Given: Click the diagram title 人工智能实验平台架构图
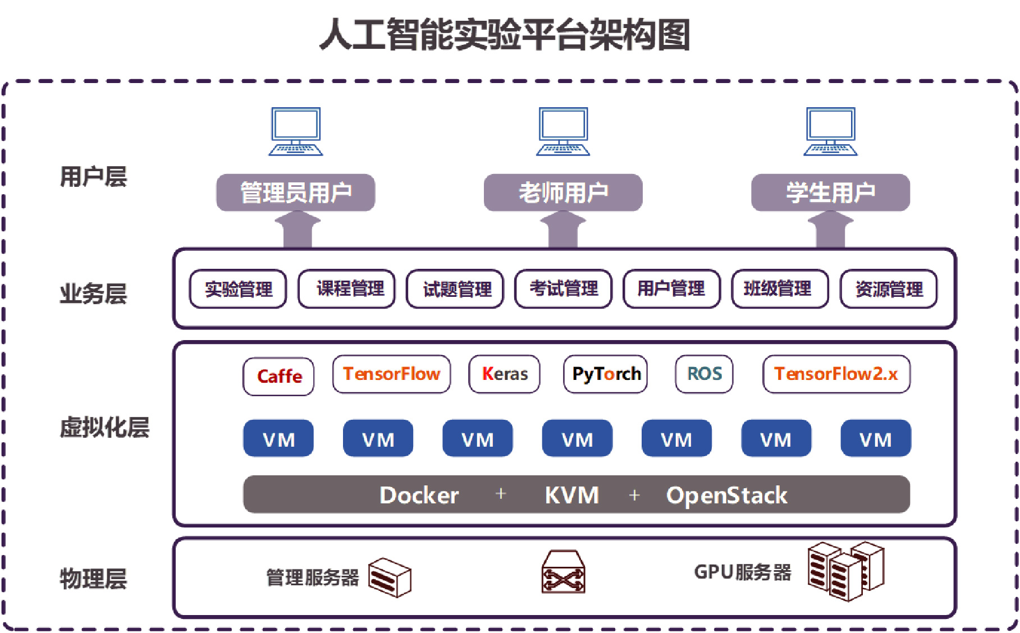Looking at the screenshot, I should [505, 35].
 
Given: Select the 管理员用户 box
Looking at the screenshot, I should [296, 192].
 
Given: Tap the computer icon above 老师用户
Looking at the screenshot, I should [563, 131].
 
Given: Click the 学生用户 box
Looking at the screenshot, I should [830, 192].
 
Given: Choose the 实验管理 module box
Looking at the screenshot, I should [238, 289].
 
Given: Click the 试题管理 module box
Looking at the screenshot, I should [455, 289].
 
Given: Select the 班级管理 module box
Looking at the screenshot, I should [780, 289].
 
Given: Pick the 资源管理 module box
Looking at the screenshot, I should [888, 289].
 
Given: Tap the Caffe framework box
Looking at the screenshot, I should [278, 376].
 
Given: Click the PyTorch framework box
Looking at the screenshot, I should [605, 374].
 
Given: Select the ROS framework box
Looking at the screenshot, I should [704, 374].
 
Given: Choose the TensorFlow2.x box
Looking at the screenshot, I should [836, 374].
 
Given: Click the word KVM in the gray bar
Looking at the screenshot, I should [571, 495].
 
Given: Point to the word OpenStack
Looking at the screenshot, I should [726, 495].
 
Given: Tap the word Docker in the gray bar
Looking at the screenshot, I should [419, 495].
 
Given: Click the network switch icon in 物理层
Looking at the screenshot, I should [563, 572].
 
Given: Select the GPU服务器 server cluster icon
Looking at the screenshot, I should [845, 571].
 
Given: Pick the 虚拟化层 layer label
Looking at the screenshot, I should [104, 427].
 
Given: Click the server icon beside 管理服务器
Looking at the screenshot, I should [390, 577].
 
